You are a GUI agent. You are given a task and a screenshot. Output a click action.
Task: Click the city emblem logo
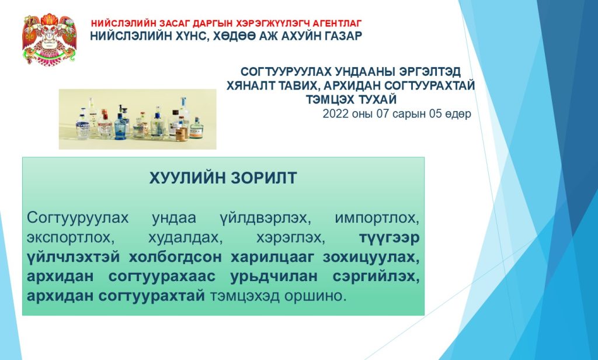tap(49, 39)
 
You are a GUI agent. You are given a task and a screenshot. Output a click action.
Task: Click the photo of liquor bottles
tap(138, 119)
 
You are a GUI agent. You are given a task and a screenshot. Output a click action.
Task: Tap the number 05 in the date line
tap(435, 114)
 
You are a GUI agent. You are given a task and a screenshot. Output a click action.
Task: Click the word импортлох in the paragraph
tap(377, 219)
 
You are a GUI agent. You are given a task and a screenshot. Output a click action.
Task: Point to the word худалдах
tap(185, 238)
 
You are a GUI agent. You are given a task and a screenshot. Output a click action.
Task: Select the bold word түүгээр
tap(389, 238)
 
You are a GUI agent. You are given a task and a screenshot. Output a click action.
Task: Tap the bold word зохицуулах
tap(371, 257)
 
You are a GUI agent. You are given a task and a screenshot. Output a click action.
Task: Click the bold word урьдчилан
tap(274, 276)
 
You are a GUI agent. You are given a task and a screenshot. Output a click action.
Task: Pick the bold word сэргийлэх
tap(376, 276)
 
